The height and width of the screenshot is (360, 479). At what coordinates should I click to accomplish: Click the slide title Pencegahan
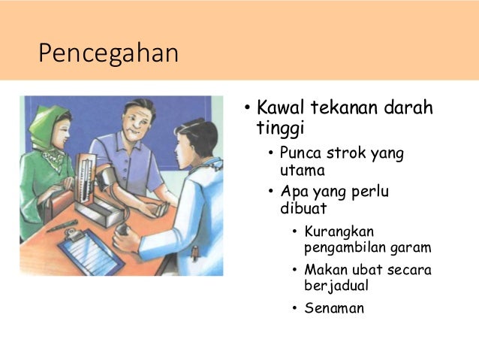[x=109, y=53]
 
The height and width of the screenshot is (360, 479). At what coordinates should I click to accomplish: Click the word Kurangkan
[x=339, y=231]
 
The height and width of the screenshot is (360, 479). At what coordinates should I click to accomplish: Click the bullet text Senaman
[x=334, y=308]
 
